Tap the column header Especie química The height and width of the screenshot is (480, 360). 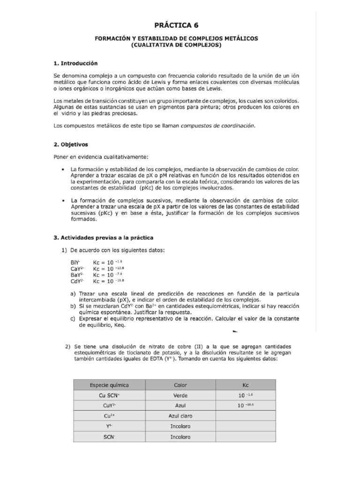pyautogui.click(x=109, y=385)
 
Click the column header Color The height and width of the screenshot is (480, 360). pyautogui.click(x=180, y=385)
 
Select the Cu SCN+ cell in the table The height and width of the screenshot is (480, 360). pyautogui.click(x=109, y=395)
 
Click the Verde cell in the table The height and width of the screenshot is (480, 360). pyautogui.click(x=180, y=395)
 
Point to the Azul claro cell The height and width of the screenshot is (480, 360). pyautogui.click(x=180, y=416)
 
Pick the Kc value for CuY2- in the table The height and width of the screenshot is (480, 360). pyautogui.click(x=247, y=405)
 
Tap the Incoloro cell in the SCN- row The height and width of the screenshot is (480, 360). pyautogui.click(x=180, y=437)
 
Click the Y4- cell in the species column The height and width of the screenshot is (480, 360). pyautogui.click(x=109, y=426)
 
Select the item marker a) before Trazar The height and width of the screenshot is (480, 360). pyautogui.click(x=73, y=293)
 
